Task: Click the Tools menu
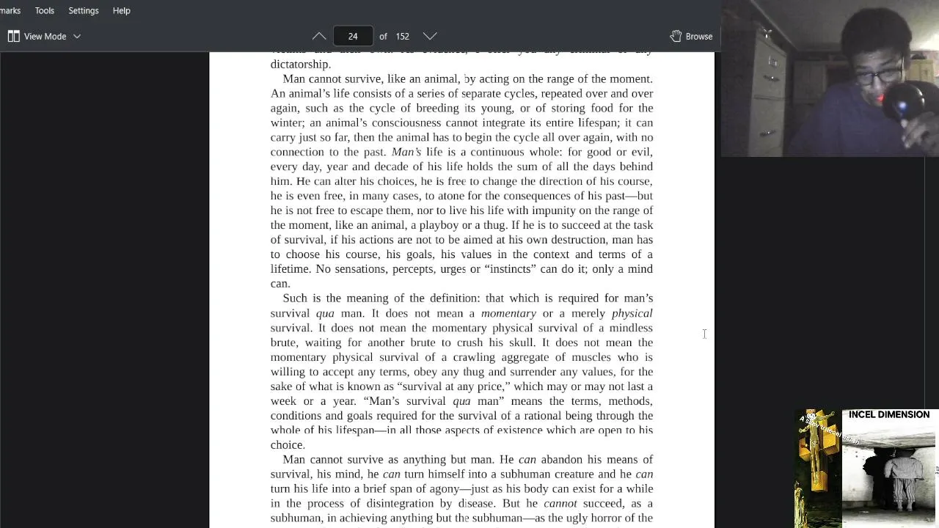click(x=44, y=11)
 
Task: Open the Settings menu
click(x=83, y=11)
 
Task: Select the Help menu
click(x=121, y=11)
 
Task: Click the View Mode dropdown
click(x=44, y=36)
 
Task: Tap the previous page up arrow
click(x=319, y=36)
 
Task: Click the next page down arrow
click(x=430, y=36)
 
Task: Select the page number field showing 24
click(x=353, y=36)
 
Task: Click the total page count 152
click(x=402, y=36)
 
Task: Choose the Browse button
click(x=691, y=36)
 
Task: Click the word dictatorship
click(x=299, y=65)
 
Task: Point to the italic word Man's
click(x=406, y=152)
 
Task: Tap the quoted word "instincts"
click(x=510, y=269)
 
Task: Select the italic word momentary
click(x=508, y=313)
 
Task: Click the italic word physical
click(x=632, y=313)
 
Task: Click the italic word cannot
click(x=560, y=504)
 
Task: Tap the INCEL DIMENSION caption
click(x=888, y=415)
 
